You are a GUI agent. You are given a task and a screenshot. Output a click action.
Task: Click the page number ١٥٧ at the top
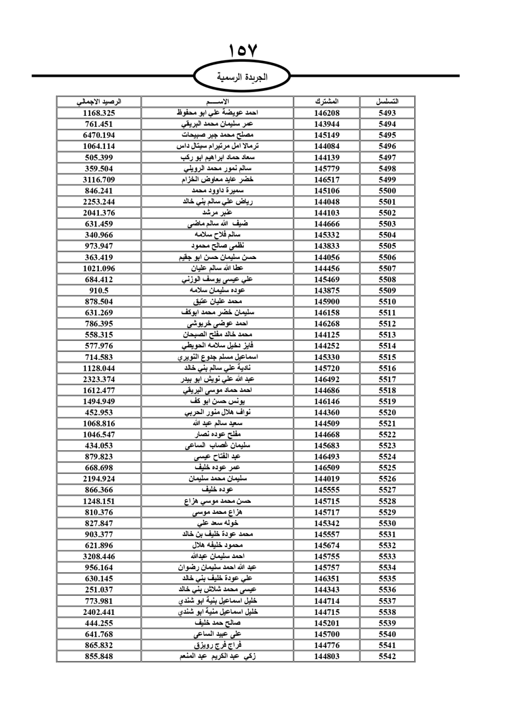(243, 51)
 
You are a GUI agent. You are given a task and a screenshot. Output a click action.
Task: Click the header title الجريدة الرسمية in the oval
(242, 77)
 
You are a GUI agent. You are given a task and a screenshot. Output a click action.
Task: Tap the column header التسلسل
(387, 102)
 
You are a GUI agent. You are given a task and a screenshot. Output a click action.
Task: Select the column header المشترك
(327, 102)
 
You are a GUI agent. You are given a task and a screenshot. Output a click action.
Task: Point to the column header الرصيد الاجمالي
(99, 102)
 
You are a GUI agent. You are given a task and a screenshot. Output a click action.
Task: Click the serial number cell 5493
(387, 113)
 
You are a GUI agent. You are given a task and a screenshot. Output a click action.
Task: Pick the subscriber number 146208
(327, 113)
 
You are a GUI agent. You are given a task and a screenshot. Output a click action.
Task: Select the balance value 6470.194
(99, 135)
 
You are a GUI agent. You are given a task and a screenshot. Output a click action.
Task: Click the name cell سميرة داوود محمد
(218, 190)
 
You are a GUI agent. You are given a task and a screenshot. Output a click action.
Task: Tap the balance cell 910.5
(99, 290)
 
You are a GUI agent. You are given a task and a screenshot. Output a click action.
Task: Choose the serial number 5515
(387, 357)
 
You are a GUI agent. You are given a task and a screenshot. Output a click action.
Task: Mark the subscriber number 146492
(327, 379)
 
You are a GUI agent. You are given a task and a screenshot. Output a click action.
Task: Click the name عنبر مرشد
(218, 213)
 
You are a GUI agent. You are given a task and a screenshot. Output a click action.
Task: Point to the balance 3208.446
(99, 557)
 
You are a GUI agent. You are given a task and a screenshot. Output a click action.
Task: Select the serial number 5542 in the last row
(387, 656)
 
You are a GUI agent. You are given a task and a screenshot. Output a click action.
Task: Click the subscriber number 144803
(327, 656)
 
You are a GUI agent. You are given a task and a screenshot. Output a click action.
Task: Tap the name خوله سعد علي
(218, 523)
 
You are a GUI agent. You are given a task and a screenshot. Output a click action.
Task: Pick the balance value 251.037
(99, 590)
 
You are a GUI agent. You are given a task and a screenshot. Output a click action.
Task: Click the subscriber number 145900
(327, 302)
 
